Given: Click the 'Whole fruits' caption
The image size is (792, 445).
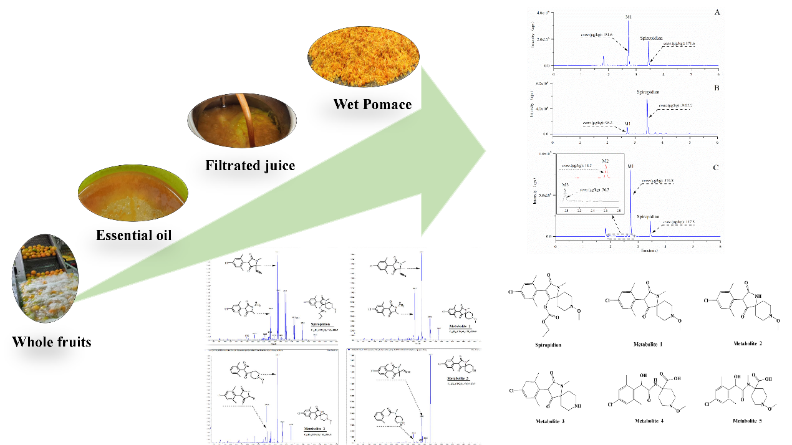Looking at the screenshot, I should [52, 341].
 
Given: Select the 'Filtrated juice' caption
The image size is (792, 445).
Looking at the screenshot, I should [250, 165].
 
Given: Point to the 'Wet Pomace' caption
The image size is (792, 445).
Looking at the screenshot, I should [373, 104].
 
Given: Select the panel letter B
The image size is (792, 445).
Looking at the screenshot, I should [716, 88].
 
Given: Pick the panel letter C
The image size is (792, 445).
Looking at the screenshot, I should [716, 167].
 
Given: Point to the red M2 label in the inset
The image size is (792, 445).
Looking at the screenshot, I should [605, 161].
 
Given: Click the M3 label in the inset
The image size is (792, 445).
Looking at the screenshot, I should [565, 184].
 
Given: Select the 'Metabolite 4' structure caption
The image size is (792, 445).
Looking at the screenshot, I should [650, 421].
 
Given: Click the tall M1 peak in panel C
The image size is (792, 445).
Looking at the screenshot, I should [631, 199].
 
